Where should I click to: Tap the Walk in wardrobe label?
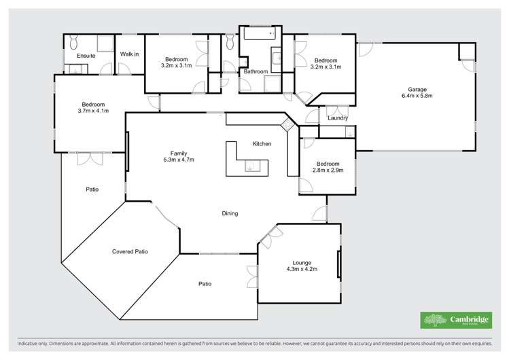(130, 55)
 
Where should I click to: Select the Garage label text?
(417, 90)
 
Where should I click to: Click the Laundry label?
(338, 119)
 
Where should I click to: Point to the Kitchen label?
(262, 144)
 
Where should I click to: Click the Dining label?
(230, 213)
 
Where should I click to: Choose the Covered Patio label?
(130, 251)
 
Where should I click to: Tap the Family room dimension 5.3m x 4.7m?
(179, 160)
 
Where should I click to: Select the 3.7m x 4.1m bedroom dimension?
(93, 111)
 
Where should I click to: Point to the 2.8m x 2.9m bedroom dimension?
(328, 170)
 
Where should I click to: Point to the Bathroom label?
(256, 71)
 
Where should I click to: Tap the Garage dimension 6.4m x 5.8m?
(417, 96)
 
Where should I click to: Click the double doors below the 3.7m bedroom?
(89, 158)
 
